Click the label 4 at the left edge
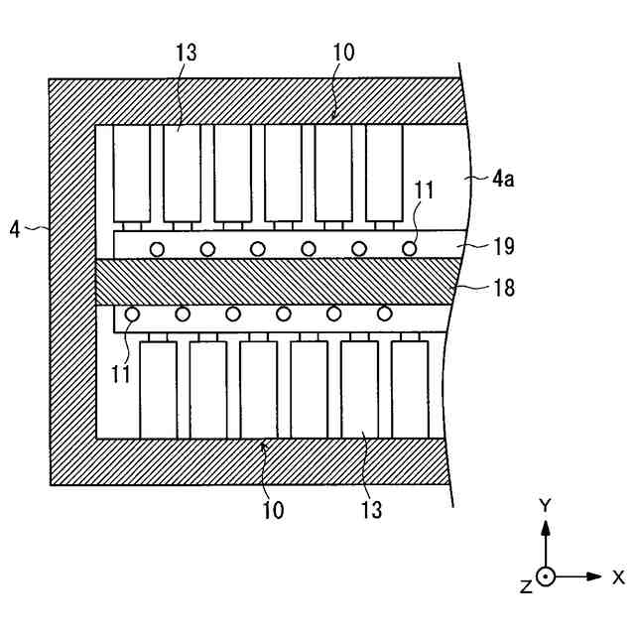tap(15, 228)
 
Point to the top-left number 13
tap(186, 52)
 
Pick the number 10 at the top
tap(343, 52)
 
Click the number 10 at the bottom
tap(273, 511)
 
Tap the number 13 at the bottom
tap(371, 511)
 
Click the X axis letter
tap(617, 576)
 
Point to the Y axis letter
tap(545, 505)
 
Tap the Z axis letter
tap(526, 586)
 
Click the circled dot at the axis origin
tap(545, 576)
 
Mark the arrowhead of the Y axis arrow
tap(545, 526)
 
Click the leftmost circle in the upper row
tap(156, 248)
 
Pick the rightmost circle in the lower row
tap(384, 315)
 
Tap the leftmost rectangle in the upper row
tap(130, 174)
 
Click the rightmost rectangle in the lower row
tap(410, 389)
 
